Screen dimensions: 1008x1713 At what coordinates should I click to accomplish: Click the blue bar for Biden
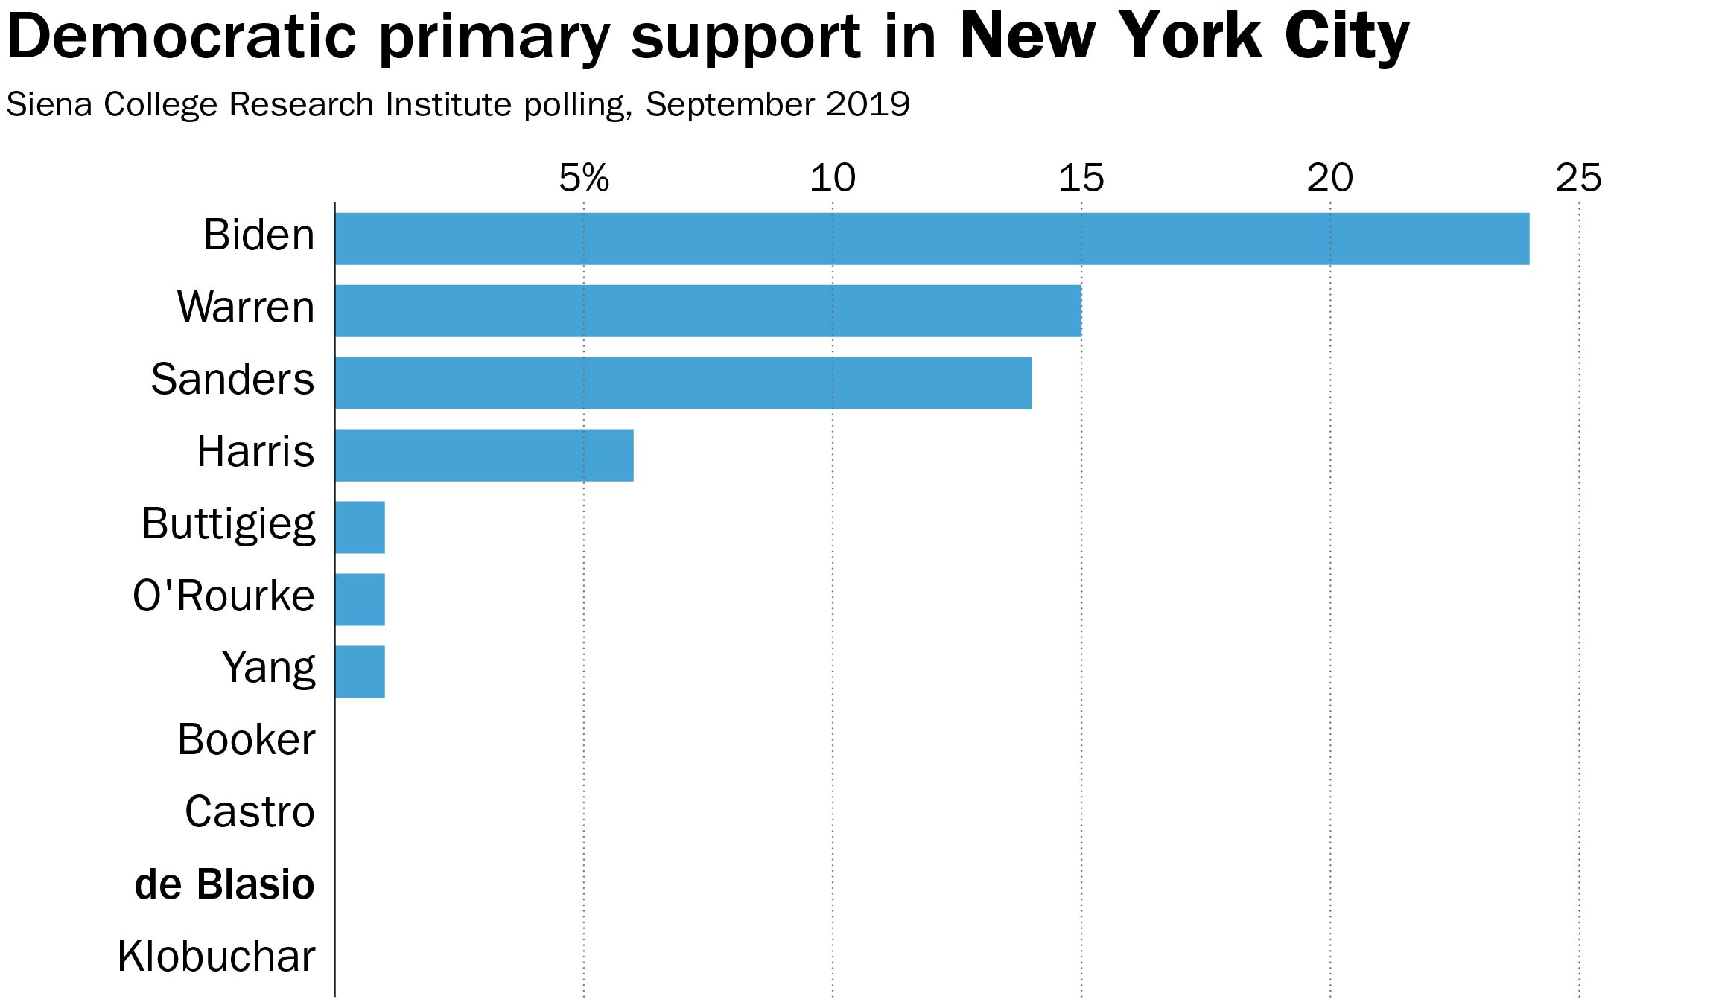point(931,239)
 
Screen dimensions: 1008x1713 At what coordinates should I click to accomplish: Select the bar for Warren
point(708,310)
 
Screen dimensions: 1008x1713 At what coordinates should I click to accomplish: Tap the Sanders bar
point(683,383)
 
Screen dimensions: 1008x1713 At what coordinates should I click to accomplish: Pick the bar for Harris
point(484,455)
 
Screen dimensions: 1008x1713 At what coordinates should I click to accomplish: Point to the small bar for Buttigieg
point(360,527)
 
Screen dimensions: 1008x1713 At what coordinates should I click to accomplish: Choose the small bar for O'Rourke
point(360,599)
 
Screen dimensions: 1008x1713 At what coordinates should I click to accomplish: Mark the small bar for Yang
point(360,672)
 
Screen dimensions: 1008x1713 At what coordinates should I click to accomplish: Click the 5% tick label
point(584,178)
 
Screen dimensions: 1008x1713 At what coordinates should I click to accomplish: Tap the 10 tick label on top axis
point(832,178)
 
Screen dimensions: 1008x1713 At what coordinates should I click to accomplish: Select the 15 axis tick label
point(1081,178)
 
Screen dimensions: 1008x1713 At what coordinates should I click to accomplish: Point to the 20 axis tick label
point(1329,178)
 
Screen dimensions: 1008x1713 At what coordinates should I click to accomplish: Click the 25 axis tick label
point(1578,178)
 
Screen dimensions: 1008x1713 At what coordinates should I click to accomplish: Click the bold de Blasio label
point(224,884)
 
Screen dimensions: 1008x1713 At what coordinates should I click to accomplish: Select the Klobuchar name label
point(216,957)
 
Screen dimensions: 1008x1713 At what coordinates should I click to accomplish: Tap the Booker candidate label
point(246,740)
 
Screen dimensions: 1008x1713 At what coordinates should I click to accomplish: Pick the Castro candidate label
point(250,812)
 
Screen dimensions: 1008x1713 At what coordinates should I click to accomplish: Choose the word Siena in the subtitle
point(50,104)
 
